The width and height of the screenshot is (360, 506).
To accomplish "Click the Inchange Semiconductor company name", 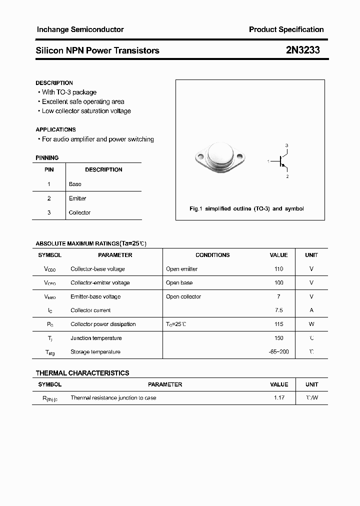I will pyautogui.click(x=80, y=29).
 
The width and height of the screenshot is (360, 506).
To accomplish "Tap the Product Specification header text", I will pyautogui.click(x=286, y=29).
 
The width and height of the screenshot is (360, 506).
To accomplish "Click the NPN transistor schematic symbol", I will pyautogui.click(x=282, y=161).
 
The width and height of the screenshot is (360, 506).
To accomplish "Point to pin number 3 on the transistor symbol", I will pyautogui.click(x=286, y=145).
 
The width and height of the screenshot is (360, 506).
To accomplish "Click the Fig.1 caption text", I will pyautogui.click(x=246, y=208).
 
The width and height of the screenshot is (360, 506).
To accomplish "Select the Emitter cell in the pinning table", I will pyautogui.click(x=77, y=198).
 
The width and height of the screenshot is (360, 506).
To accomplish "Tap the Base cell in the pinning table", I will pyautogui.click(x=75, y=184).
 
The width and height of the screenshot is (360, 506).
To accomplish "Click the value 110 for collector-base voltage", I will pyautogui.click(x=278, y=269).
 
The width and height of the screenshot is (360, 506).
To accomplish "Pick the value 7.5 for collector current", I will pyautogui.click(x=278, y=310).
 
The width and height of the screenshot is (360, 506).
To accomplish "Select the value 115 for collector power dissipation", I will pyautogui.click(x=278, y=324).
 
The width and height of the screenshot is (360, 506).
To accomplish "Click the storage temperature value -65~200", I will pyautogui.click(x=278, y=352).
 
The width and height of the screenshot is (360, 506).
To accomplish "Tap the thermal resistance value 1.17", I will pyautogui.click(x=278, y=398).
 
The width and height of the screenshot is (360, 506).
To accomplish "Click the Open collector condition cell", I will pyautogui.click(x=183, y=296).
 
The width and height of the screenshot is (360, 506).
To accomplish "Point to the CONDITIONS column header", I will pyautogui.click(x=212, y=255).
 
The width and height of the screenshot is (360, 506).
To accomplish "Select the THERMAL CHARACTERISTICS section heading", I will pyautogui.click(x=82, y=373).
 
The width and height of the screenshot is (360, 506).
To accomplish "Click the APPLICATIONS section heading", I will pyautogui.click(x=56, y=129).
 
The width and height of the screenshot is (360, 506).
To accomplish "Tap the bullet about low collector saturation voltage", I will pyautogui.click(x=86, y=111).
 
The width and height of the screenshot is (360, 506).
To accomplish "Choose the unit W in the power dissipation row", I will pyautogui.click(x=311, y=324).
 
